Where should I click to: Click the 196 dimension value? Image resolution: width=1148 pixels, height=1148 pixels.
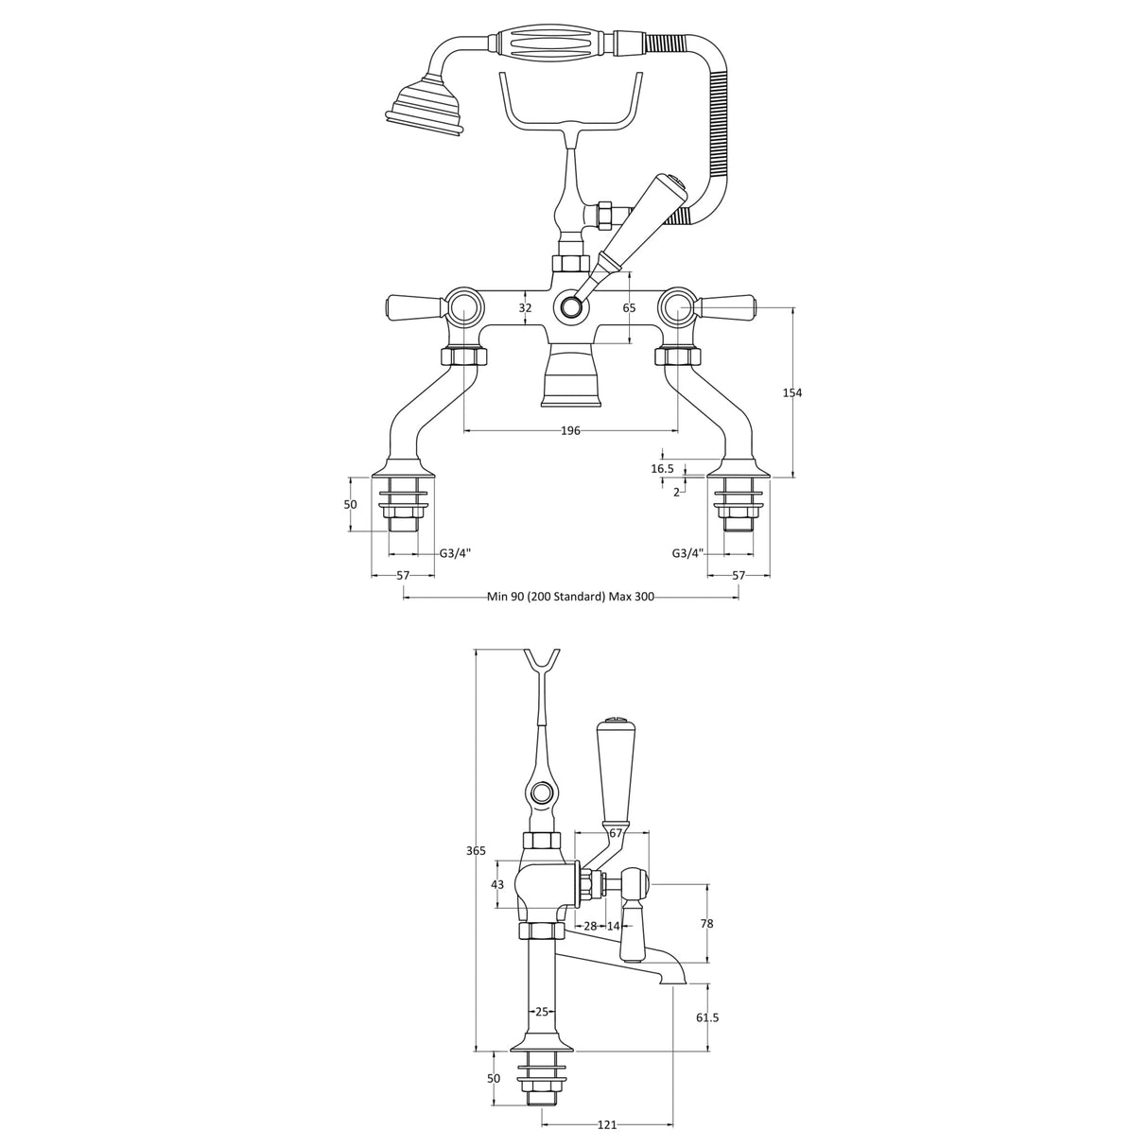(569, 431)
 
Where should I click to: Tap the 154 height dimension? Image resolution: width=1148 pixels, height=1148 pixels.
(792, 392)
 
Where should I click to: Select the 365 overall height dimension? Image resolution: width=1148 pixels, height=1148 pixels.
(476, 851)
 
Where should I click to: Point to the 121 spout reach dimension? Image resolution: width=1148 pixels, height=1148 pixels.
(607, 1124)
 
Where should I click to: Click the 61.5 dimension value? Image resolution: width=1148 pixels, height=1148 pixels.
(707, 1018)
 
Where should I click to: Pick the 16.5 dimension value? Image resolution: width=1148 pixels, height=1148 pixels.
(662, 469)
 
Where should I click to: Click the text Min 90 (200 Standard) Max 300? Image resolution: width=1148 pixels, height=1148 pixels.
(570, 597)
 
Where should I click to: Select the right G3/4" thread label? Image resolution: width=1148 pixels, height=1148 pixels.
(687, 554)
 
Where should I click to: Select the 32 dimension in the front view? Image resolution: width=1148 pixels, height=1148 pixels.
(526, 308)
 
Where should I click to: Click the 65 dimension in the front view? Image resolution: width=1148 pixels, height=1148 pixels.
(630, 308)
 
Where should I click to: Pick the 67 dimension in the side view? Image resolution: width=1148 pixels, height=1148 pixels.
(616, 833)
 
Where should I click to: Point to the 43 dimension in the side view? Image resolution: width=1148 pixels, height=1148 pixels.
(497, 884)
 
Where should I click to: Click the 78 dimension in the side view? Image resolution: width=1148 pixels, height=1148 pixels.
(707, 924)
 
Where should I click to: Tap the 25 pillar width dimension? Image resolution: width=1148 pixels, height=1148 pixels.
(542, 1012)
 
